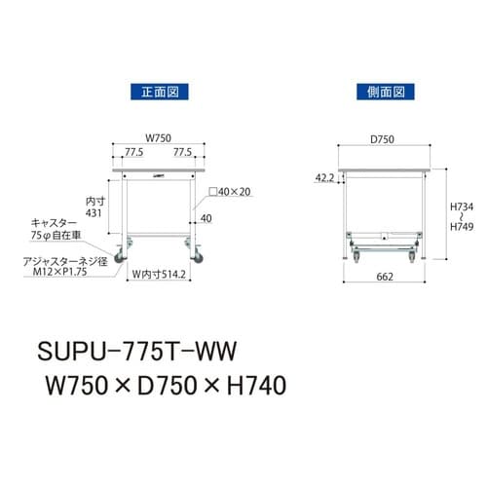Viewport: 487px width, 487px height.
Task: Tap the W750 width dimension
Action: [159, 137]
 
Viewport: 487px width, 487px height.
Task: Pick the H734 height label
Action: [463, 207]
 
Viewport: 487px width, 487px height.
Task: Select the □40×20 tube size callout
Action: [232, 192]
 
